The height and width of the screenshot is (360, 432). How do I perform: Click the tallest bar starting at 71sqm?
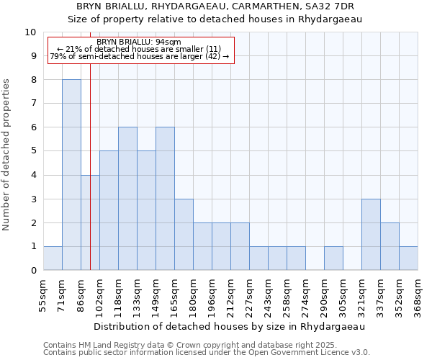(71, 175)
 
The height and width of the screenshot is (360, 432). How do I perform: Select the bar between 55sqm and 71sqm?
(53, 258)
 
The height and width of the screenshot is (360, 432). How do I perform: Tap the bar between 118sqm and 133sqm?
(127, 199)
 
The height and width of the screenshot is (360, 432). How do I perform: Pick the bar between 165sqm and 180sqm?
(184, 235)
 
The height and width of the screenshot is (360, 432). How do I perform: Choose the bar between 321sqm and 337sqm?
(371, 235)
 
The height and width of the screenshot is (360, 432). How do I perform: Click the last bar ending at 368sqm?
(408, 258)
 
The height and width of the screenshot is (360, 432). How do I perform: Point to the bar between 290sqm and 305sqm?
(333, 258)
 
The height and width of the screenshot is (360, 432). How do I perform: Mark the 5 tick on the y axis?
(33, 151)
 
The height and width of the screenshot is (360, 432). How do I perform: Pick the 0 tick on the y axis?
(33, 271)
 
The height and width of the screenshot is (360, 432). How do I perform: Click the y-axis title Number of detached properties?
(7, 155)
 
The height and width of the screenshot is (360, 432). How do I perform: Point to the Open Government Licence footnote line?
(207, 353)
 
